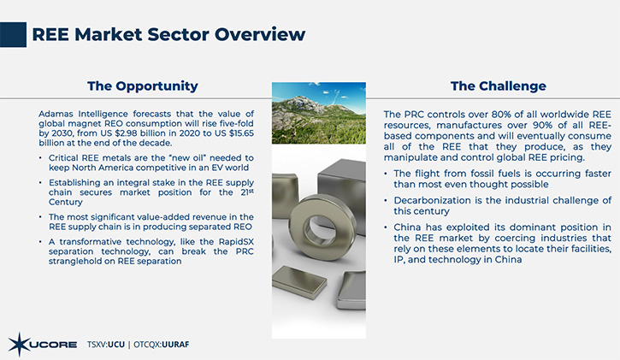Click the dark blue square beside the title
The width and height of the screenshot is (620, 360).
tap(13, 35)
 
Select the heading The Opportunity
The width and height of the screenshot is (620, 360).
tap(143, 86)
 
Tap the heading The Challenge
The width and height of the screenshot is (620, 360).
tap(499, 86)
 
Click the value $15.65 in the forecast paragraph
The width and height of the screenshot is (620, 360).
tap(241, 133)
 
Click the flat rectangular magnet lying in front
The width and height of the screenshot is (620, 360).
tap(299, 281)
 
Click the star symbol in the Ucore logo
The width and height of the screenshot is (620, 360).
tap(19, 345)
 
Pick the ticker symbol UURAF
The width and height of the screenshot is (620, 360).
tap(175, 345)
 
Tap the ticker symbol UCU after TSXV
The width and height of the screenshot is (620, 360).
tap(115, 345)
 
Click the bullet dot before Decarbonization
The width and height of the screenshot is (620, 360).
tap(386, 200)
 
